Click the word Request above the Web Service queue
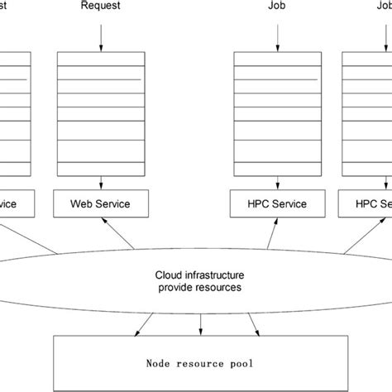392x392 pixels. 100,7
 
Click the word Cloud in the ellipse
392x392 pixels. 170,274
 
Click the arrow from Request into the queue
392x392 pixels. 101,35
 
